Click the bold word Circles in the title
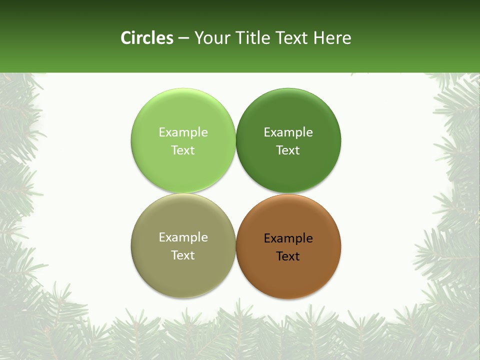pos(147,38)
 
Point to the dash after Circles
pos(183,38)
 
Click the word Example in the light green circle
pos(183,132)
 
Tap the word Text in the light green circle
pos(183,150)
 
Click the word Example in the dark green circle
pos(288,132)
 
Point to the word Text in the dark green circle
pos(288,150)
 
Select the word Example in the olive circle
pos(183,237)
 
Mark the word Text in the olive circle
pos(183,255)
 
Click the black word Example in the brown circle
pos(288,238)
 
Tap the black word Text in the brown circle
pos(288,256)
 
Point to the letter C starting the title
pos(126,38)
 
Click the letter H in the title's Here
pos(319,38)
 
